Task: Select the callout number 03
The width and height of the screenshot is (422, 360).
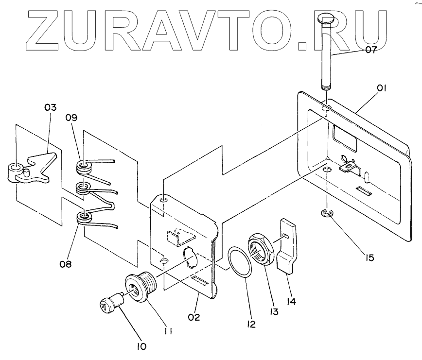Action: coord(51,107)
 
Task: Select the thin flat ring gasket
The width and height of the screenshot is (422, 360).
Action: coord(241,262)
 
